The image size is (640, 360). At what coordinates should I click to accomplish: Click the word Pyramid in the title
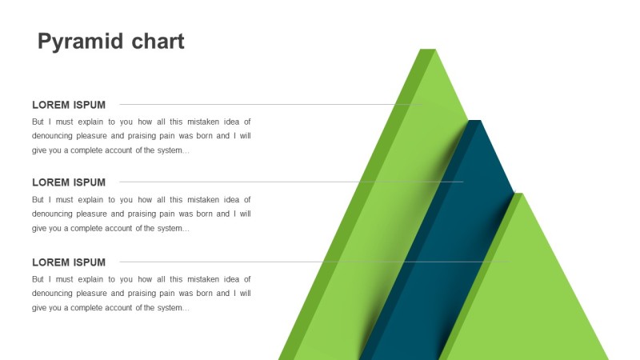click(81, 42)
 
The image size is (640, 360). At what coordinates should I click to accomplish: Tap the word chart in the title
click(158, 42)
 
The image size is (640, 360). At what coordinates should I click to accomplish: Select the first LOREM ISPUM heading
click(69, 105)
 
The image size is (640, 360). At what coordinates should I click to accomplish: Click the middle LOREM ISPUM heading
click(69, 182)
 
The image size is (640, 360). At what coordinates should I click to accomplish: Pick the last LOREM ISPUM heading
click(69, 262)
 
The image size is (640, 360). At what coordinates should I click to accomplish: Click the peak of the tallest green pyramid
click(428, 50)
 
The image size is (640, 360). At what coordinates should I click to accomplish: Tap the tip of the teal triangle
click(475, 121)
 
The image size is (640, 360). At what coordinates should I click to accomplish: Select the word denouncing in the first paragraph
click(51, 136)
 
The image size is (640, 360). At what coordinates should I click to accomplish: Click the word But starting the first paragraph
click(38, 122)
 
